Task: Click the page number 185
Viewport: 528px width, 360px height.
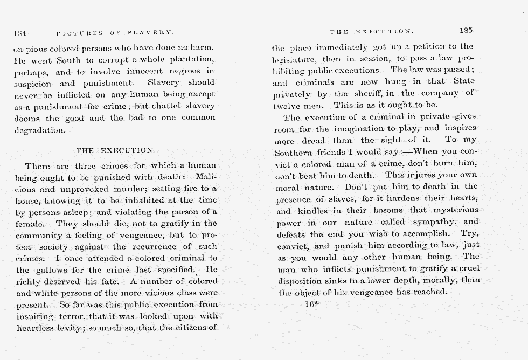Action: [466, 31]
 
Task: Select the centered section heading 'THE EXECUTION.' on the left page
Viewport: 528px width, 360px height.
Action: [115, 150]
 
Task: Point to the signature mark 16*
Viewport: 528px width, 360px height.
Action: [312, 304]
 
